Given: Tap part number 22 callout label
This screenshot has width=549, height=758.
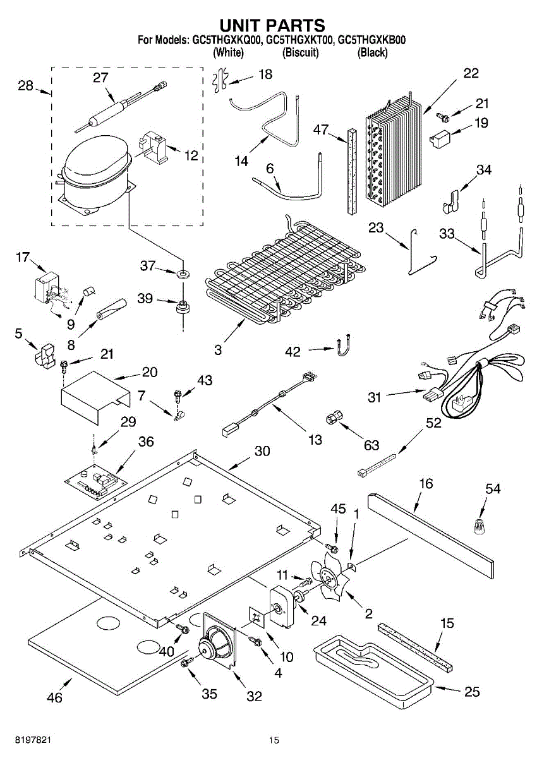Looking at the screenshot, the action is pyautogui.click(x=471, y=73).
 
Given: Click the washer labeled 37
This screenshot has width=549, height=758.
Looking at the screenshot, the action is pyautogui.click(x=183, y=272).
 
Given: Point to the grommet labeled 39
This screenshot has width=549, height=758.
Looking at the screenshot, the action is pyautogui.click(x=183, y=306).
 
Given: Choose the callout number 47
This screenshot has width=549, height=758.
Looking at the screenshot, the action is pyautogui.click(x=321, y=129).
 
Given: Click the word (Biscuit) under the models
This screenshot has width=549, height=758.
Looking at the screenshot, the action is pyautogui.click(x=301, y=52).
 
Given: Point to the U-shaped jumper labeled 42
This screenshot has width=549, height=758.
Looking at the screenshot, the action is pyautogui.click(x=342, y=344).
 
